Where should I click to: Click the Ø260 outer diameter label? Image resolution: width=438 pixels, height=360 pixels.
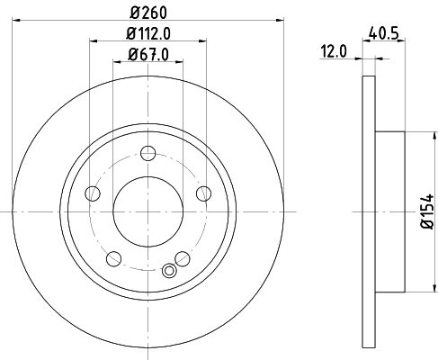[x=149, y=12]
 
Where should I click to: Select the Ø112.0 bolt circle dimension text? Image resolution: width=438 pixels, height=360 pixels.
[x=149, y=34]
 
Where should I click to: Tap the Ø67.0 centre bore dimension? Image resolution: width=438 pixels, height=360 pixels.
[x=149, y=56]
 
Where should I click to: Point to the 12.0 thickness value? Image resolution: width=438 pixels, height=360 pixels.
[x=335, y=51]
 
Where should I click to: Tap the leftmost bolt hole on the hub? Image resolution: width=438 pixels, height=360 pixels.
[x=91, y=193]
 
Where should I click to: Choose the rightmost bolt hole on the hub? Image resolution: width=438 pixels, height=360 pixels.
[x=202, y=193]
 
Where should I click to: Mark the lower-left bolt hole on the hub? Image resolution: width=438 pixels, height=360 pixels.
[x=112, y=258]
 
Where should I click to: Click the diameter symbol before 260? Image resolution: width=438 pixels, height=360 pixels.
[x=135, y=12]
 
